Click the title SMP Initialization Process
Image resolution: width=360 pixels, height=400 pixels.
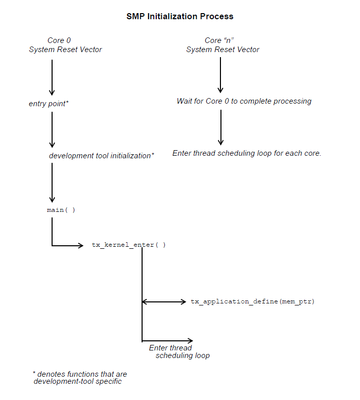point(179,16)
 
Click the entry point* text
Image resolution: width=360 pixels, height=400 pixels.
point(49,104)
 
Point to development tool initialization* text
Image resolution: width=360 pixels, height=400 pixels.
point(101,156)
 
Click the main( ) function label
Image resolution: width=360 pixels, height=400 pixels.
point(61,209)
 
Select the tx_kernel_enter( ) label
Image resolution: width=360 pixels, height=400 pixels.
point(129,245)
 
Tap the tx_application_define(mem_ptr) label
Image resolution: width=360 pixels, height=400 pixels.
point(252,302)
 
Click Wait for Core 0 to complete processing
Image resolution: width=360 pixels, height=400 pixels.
point(244,101)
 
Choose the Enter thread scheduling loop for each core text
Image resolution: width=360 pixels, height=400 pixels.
point(247,153)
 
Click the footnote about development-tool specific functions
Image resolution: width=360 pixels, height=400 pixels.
point(79,378)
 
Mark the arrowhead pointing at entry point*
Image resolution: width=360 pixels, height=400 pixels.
point(52,92)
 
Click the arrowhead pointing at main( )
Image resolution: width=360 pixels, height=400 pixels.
point(52,199)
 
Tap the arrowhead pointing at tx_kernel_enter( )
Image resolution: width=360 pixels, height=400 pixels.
point(80,246)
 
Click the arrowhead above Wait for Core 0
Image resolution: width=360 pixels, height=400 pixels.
point(220,90)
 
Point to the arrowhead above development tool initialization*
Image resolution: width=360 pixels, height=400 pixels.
point(52,145)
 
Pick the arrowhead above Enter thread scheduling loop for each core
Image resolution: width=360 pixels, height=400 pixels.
point(220,142)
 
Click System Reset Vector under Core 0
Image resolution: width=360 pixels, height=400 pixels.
point(65,50)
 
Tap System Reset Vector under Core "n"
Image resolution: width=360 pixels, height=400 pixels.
point(222,50)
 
